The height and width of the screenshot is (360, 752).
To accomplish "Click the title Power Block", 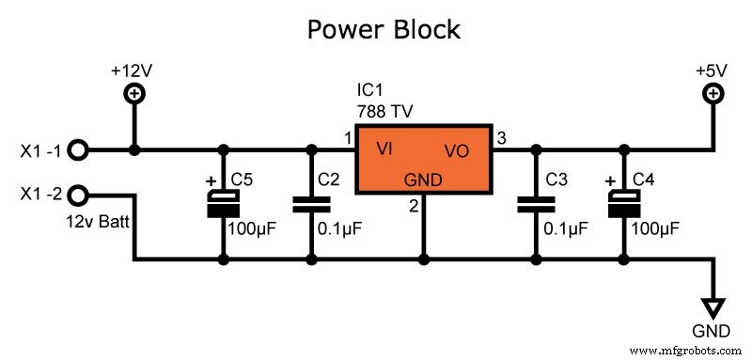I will click(384, 29).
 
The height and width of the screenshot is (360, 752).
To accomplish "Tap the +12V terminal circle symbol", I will click(134, 93).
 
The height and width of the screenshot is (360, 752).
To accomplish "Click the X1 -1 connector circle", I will click(79, 149).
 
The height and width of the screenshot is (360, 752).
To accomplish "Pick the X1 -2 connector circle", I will click(79, 196).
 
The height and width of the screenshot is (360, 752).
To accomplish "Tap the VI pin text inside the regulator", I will click(384, 149).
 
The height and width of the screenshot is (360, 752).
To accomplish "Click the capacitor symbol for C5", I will click(223, 202).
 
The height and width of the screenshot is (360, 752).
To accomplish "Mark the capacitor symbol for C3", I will click(536, 203).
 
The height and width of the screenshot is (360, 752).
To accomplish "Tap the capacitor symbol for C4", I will click(621, 202).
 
